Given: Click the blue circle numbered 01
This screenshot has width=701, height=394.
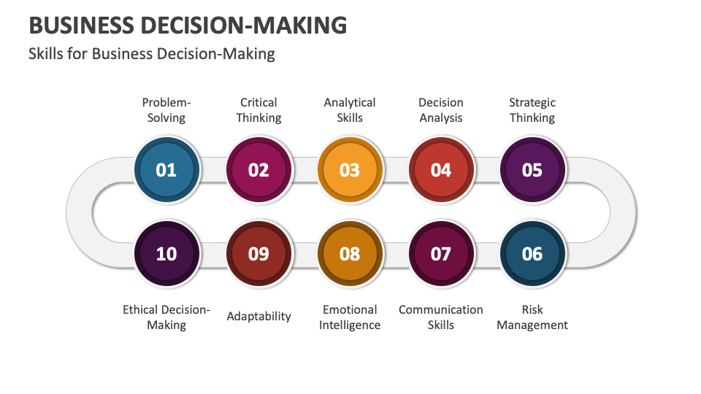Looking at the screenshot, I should coord(166,170).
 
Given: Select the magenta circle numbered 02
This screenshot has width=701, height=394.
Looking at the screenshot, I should coord(258,170).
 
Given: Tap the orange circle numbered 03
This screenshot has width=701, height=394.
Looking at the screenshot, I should coord(350,170).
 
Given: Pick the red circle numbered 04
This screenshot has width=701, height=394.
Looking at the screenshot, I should coord(441,170).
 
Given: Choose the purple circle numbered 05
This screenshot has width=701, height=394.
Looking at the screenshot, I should coord(532,170).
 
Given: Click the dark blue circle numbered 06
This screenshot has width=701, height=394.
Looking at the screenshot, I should coord(532,253).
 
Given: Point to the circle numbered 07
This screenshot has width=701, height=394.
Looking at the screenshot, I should coord(441,253).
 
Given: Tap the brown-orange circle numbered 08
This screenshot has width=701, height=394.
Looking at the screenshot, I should coord(350,253).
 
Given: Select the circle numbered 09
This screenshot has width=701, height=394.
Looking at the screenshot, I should coord(258,253).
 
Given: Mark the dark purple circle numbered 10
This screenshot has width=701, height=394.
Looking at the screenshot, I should coord(166,253).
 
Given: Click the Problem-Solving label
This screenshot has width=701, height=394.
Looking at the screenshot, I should coord(166,110).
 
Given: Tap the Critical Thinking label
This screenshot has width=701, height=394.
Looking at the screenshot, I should coord(258,110).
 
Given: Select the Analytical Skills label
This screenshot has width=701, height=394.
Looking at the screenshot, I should coord(350,110).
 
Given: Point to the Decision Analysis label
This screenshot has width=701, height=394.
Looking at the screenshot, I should coord(441,110).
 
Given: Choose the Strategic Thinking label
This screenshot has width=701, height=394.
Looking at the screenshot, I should coord(532,110).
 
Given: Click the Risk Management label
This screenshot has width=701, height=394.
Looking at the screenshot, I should coord(532,317).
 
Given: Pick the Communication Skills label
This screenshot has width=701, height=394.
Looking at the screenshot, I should coord(441,317).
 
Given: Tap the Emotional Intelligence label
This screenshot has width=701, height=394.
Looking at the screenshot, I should coord(350,317).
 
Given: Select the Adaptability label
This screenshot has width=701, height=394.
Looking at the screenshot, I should coord(258,316).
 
